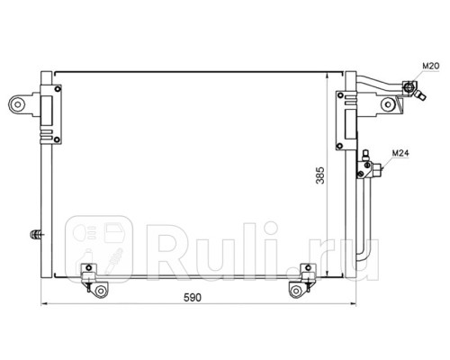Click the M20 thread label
click(x=431, y=66)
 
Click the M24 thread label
click(x=400, y=153)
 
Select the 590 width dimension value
click(x=193, y=298)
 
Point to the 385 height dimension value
click(x=320, y=175)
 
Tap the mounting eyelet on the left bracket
click(x=18, y=104)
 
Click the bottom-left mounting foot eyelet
click(x=101, y=292)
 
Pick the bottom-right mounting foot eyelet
click(x=296, y=291)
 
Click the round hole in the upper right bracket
click(x=388, y=104)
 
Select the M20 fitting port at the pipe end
click(x=409, y=87)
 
